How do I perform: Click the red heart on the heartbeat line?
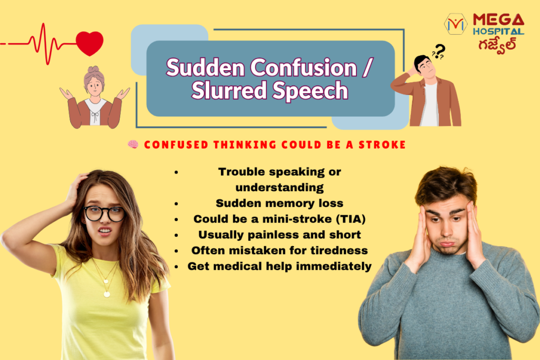(x=90, y=43)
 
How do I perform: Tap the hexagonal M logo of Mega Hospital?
(x=456, y=24)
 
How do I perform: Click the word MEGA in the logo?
(x=498, y=20)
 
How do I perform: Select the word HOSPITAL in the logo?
(x=498, y=32)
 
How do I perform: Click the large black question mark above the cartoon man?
(x=440, y=51)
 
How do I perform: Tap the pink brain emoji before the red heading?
(x=133, y=144)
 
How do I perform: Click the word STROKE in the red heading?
(x=382, y=145)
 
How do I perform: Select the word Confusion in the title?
(x=303, y=67)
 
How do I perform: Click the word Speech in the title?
(x=310, y=90)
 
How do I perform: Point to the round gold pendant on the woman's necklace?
(x=107, y=294)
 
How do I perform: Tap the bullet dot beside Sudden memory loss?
(x=176, y=204)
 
